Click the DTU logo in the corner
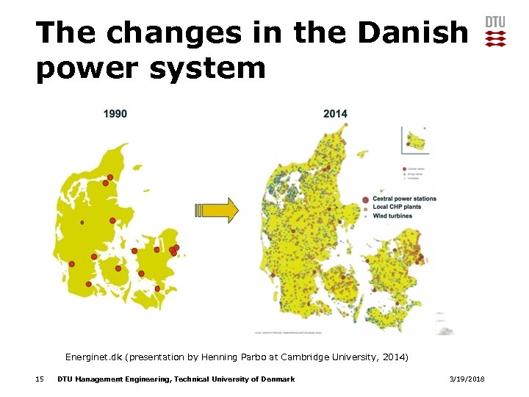(495, 32)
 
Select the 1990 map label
(115, 113)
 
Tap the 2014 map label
(335, 113)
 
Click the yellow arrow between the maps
(217, 210)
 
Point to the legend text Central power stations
(404, 198)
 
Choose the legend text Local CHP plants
(397, 207)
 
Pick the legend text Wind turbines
(394, 216)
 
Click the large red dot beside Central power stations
(366, 199)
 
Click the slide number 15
(40, 379)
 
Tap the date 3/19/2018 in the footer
(467, 379)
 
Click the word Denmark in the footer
(278, 379)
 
